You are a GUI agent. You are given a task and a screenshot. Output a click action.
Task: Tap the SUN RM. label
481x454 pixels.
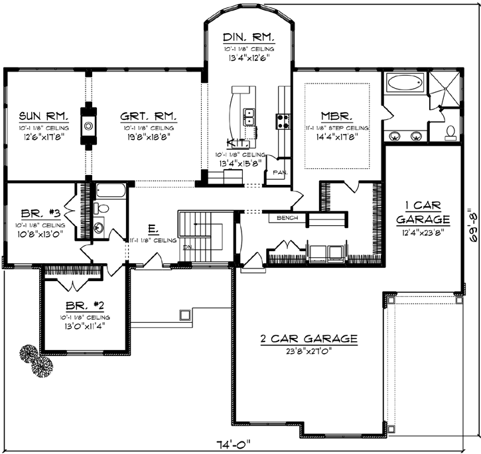pyautogui.click(x=37, y=114)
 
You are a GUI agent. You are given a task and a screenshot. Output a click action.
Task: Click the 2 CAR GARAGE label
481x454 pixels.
pyautogui.click(x=309, y=339)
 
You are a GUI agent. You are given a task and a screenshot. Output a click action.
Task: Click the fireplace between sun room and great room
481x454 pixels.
pyautogui.click(x=88, y=125)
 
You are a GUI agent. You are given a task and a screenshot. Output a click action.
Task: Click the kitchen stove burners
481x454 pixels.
pyautogui.click(x=283, y=120)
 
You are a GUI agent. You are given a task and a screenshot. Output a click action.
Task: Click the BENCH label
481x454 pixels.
pyautogui.click(x=287, y=217)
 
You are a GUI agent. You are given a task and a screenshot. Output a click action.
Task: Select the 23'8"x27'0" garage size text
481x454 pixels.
pyautogui.click(x=309, y=351)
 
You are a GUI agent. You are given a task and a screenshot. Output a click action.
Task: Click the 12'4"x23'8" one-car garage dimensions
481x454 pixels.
pyautogui.click(x=422, y=231)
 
